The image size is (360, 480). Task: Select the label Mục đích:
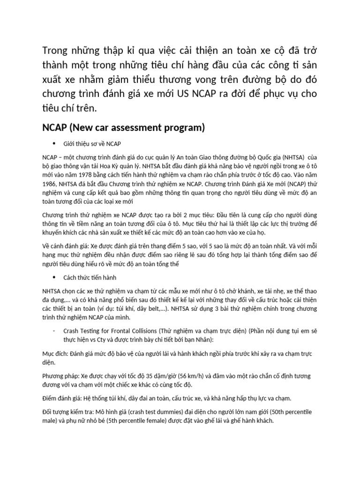pyautogui.click(x=54, y=353)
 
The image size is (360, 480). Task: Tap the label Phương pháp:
pyautogui.click(x=60, y=376)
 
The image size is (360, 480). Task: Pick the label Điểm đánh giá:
pyautogui.click(x=62, y=398)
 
